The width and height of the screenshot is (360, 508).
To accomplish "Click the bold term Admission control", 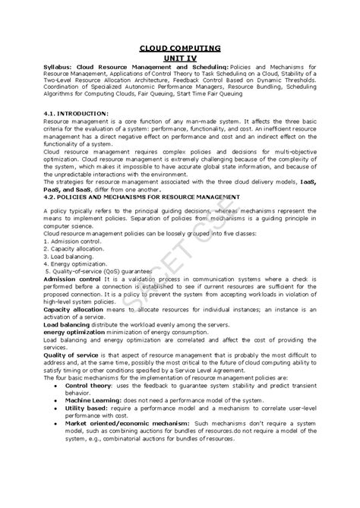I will click(73, 283).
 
